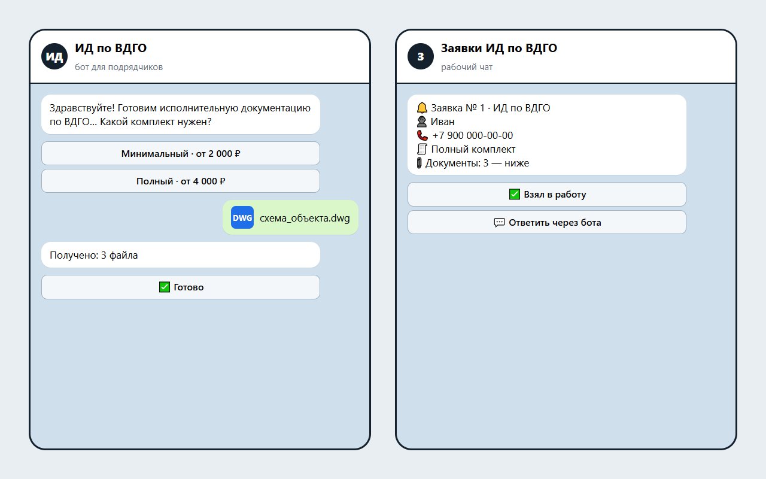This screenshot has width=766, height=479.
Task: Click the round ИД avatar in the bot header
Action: click(x=54, y=56)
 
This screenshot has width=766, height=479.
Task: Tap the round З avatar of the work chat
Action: click(x=421, y=56)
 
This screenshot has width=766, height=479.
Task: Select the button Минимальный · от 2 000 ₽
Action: click(x=181, y=154)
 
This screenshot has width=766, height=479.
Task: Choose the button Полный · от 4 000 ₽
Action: click(x=181, y=181)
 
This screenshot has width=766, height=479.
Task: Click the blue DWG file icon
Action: click(x=242, y=217)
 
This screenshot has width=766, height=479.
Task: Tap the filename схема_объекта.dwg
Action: click(x=305, y=218)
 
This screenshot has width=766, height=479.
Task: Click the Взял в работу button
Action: click(x=547, y=195)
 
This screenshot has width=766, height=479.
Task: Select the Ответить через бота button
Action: click(x=547, y=222)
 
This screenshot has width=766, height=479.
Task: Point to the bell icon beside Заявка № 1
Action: click(x=422, y=108)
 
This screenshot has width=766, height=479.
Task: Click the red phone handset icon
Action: click(x=422, y=135)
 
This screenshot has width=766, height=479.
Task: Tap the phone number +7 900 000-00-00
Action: click(x=473, y=135)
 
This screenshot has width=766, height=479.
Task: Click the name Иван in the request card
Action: click(x=442, y=122)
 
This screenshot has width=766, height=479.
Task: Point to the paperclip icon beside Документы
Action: click(x=420, y=163)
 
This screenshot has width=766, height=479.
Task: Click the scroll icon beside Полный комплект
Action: click(x=422, y=149)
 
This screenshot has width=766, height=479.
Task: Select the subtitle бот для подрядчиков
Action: click(x=118, y=67)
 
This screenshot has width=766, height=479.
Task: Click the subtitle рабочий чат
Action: click(x=466, y=67)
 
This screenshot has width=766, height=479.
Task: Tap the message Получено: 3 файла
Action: click(x=94, y=255)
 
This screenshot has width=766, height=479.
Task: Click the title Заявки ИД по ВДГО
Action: click(x=499, y=48)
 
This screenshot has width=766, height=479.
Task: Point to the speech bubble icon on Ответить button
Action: click(x=499, y=222)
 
